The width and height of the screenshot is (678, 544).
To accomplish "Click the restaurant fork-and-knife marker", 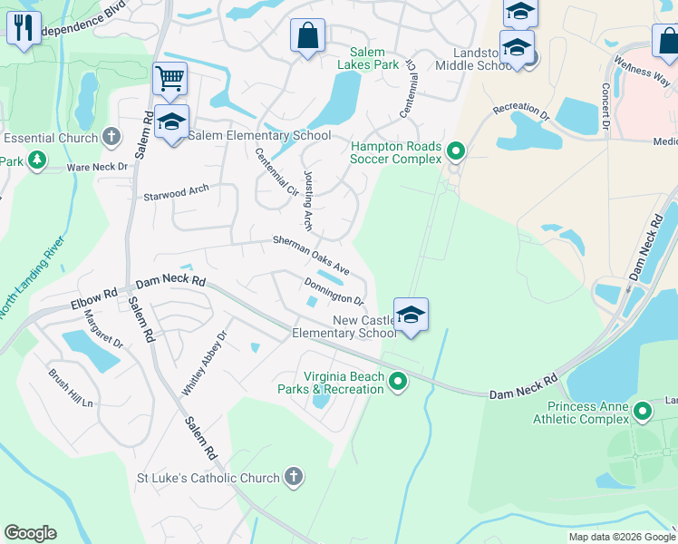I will coord(24,26).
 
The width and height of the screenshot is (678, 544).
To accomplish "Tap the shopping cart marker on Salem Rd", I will coord(169,78).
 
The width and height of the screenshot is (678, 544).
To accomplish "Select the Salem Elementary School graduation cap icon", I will coord(170,121).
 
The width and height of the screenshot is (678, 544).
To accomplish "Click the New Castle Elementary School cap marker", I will coord(411,315).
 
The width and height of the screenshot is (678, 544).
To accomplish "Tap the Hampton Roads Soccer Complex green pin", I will coord(456,151).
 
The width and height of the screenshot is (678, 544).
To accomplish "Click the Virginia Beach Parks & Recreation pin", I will coord(397,384).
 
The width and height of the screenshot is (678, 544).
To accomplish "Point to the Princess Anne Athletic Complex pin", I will coord(643,412).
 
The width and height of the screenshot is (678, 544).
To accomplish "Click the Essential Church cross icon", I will coord(111,138).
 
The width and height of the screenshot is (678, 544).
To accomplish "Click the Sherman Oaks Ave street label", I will coord(312,256).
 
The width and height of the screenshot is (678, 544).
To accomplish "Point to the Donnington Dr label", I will coord(334,292).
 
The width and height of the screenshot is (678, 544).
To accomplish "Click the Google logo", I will coord(30,533).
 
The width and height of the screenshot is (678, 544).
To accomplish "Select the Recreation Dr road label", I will coord(521,112).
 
